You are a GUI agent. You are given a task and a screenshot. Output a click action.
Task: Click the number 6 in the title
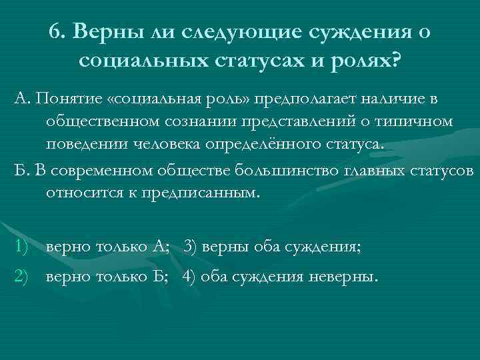click(56, 32)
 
